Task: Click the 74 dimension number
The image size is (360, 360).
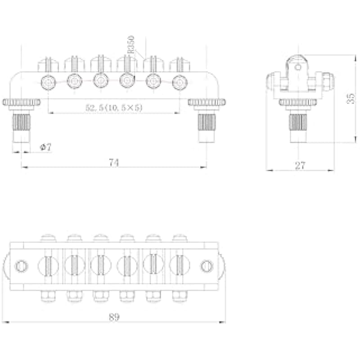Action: pos(114,162)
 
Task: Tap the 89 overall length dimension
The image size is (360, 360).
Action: pos(114,317)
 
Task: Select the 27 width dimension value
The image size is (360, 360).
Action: pos(300,166)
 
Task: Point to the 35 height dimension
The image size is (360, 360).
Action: pos(351,99)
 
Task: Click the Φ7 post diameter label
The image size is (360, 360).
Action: pos(46,147)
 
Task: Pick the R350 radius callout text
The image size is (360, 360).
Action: pos(131,45)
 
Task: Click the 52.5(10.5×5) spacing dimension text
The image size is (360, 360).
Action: pos(114,108)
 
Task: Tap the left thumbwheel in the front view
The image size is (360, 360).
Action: pos(21,102)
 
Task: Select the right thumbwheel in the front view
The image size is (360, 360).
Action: pos(207,102)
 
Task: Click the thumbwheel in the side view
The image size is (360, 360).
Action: pos(298,102)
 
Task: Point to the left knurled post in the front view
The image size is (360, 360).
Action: pos(21,122)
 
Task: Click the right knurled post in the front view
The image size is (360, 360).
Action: pos(207,122)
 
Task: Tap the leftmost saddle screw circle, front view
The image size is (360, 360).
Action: pos(48,82)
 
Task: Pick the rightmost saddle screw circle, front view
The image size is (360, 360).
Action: pos(180,82)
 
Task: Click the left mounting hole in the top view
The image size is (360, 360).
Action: pos(21,266)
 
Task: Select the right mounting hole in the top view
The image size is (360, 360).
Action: pos(207,266)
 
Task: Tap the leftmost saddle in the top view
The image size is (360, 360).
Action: pos(48,265)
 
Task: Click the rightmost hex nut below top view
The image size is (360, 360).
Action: pos(180,296)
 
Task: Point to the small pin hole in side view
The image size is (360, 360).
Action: pos(298,67)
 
